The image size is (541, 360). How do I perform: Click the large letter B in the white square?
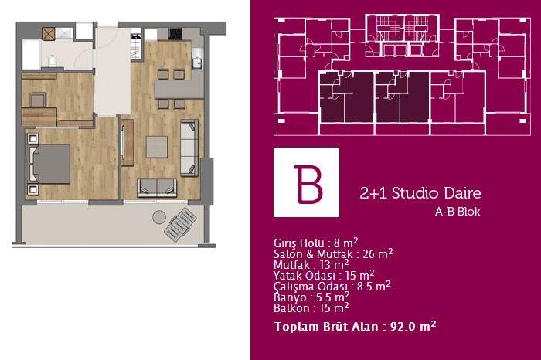pos(308,184)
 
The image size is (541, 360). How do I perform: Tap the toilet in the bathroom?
pos(52,60)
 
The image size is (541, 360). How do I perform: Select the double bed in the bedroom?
pos(49,164)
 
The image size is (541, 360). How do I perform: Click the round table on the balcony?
pos(159,217)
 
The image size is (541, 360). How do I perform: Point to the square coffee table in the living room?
pos(157,147)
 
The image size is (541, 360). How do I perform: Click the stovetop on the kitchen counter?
pos(175,34)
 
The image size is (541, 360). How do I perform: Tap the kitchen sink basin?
pos(197,63)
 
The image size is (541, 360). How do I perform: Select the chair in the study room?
pos(38,100)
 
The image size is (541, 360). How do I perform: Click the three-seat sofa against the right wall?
pos(189,148)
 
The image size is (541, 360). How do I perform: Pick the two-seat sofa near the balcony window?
pos(157,188)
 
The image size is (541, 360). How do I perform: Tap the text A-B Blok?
pos(458,212)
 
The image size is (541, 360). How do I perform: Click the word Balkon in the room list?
pos(291,308)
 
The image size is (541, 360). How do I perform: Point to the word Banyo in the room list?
pos(290,297)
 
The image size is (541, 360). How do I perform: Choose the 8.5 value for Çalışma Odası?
pos(365,287)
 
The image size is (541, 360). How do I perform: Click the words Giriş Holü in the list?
pos(299,243)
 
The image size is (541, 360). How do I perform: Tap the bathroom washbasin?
pos(64,33)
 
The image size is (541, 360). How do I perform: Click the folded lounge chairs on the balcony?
pos(180,225)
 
